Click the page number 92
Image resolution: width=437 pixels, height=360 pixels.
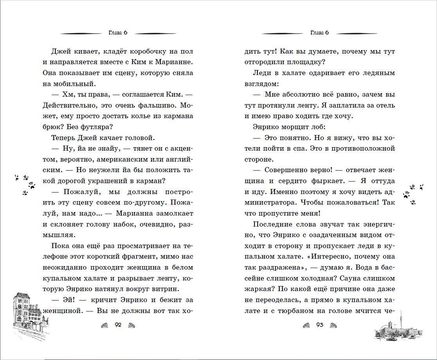tap(118, 325)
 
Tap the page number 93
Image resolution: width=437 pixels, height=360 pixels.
tap(320, 325)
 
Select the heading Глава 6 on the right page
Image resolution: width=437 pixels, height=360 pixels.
tap(319, 33)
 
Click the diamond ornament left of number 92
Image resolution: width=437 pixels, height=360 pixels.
tap(105, 326)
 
